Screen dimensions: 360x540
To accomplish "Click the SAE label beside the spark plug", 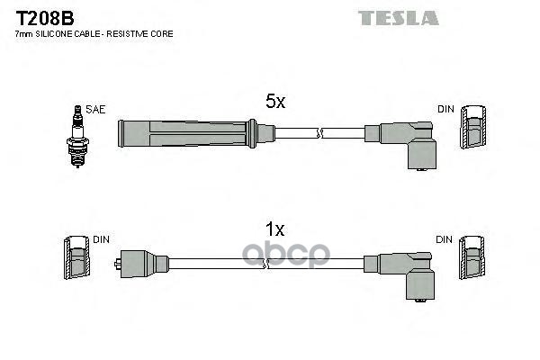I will [x=95, y=109].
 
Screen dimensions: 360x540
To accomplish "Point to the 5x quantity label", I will [x=274, y=103].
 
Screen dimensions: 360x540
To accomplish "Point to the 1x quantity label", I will [x=274, y=229].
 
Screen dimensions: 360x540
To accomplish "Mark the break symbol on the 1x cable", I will [x=266, y=263].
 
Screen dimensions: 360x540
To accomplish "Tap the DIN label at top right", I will [x=446, y=109].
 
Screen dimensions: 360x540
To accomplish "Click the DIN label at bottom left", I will [x=101, y=239].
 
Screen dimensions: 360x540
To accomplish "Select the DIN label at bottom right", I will [x=446, y=239].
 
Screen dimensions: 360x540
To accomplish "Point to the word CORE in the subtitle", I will [x=161, y=33].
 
